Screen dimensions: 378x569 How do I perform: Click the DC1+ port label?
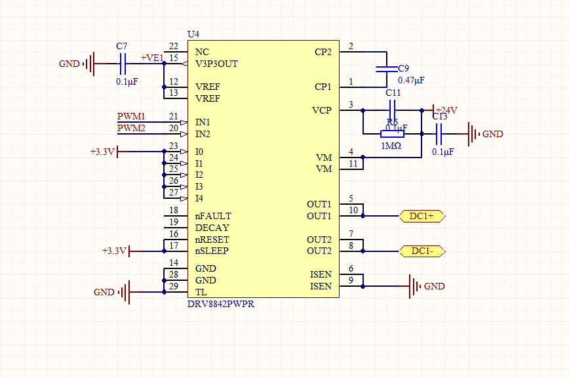pyautogui.click(x=422, y=215)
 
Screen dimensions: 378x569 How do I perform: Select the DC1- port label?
pyautogui.click(x=422, y=251)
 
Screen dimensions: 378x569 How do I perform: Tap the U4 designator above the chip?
pyautogui.click(x=193, y=34)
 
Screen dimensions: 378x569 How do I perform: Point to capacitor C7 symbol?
pyautogui.click(x=122, y=64)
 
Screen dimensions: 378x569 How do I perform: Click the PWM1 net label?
pyautogui.click(x=131, y=116)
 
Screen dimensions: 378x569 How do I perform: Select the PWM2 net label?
pyautogui.click(x=131, y=128)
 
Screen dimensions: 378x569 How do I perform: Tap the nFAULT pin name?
pyautogui.click(x=213, y=216)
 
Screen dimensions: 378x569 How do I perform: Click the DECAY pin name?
pyautogui.click(x=212, y=228)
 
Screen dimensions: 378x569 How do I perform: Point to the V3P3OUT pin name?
pyautogui.click(x=217, y=64)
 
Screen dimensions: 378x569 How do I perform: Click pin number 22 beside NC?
pyautogui.click(x=173, y=47)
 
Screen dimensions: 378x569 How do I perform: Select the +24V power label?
pyautogui.click(x=446, y=110)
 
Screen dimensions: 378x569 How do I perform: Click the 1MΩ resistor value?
pyautogui.click(x=391, y=146)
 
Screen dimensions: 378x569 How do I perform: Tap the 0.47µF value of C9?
pyautogui.click(x=411, y=80)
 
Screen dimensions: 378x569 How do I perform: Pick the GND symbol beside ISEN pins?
pyautogui.click(x=415, y=286)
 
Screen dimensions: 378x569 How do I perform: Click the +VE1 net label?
pyautogui.click(x=151, y=58)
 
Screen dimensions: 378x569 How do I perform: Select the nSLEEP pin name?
pyautogui.click(x=212, y=251)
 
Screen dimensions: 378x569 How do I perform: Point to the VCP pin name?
pyautogui.click(x=322, y=110)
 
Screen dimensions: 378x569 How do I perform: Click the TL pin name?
pyautogui.click(x=201, y=292)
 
